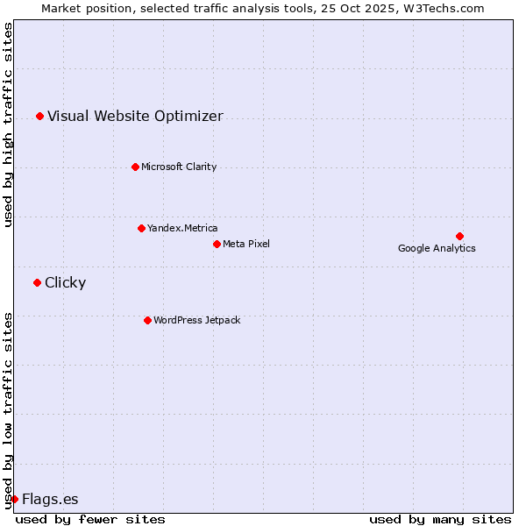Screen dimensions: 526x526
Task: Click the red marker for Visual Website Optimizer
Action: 39,116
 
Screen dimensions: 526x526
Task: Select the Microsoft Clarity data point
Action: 135,167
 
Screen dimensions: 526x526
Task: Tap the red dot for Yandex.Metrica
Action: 141,228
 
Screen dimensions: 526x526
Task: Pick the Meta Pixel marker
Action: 217,244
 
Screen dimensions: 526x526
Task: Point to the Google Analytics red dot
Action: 459,236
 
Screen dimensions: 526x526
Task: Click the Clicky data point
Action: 37,282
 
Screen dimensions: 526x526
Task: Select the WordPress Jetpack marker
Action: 147,320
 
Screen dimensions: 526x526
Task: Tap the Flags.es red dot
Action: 14,499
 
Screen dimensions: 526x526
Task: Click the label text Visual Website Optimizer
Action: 135,116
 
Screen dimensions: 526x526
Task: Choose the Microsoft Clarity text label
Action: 179,167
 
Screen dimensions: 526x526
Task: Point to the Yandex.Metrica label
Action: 182,228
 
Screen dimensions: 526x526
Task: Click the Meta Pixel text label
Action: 246,244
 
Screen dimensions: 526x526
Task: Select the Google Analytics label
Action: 437,248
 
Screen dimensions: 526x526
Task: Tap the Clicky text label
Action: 65,282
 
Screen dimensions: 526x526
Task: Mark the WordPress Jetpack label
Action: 196,320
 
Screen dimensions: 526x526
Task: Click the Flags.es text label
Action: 50,500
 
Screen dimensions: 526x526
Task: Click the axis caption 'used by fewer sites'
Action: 90,519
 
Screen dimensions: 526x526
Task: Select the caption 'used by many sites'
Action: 440,519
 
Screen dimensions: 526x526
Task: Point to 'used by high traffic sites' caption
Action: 8,124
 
